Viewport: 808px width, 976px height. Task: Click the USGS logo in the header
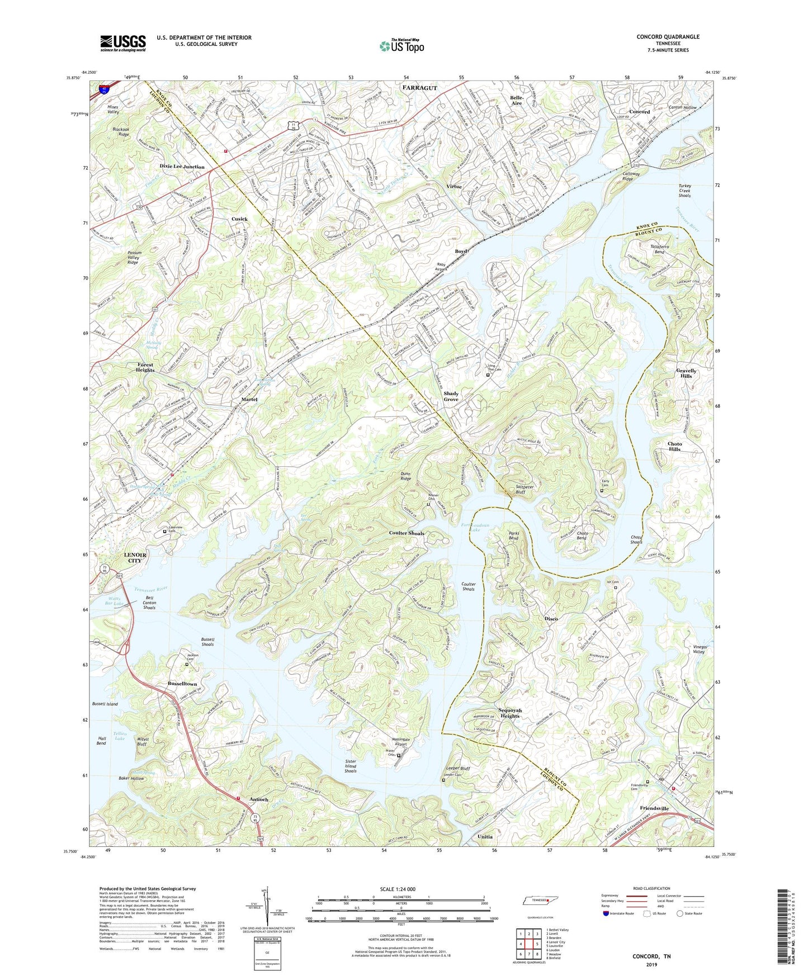(x=122, y=43)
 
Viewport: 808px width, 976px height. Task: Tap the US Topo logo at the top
(x=401, y=46)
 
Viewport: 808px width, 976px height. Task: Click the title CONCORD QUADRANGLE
(x=668, y=37)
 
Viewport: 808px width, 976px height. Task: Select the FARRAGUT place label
(x=419, y=88)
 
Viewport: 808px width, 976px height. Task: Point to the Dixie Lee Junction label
(x=182, y=167)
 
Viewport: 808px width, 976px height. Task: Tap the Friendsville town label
(x=654, y=808)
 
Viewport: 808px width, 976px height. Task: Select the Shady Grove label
(x=451, y=396)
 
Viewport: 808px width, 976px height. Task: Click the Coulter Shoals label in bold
(x=407, y=533)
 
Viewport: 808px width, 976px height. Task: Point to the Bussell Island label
(x=105, y=704)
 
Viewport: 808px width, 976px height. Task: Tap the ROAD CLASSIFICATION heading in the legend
(x=653, y=888)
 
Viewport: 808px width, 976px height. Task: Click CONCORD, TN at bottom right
(x=651, y=956)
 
